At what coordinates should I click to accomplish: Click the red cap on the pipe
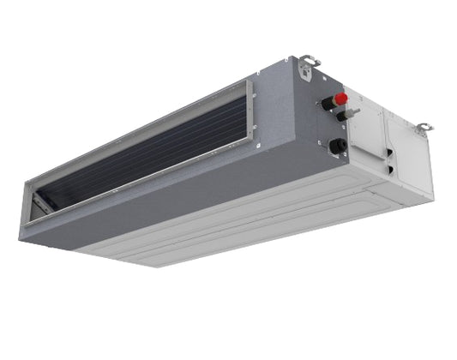click(x=341, y=98)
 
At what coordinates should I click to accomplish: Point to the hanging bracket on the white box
click(x=422, y=129)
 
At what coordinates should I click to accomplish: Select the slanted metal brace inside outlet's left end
click(x=38, y=203)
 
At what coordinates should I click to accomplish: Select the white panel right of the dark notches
click(x=411, y=159)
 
